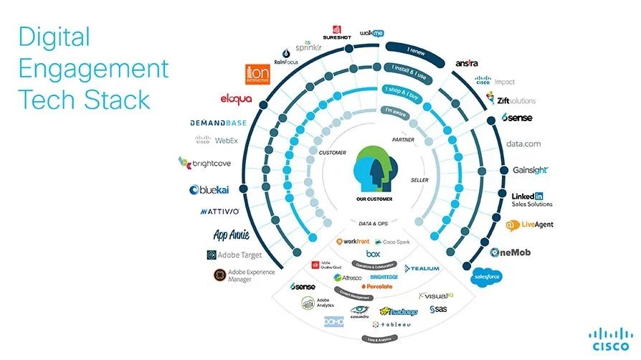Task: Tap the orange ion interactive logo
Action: point(257,73)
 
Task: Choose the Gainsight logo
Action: point(531,170)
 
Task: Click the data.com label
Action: point(523,144)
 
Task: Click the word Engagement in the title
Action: point(93,69)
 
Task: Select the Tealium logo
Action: point(422,268)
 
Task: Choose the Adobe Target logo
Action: point(234,255)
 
